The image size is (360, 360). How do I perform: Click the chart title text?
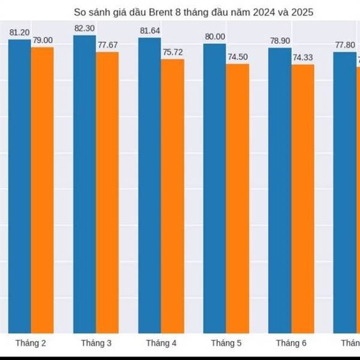coord(193,12)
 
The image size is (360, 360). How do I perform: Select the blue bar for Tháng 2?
coord(19,186)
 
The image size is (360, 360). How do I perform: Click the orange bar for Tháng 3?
coord(107,192)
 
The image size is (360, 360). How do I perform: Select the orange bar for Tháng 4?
coord(172,196)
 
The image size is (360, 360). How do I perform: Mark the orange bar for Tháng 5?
coord(237,198)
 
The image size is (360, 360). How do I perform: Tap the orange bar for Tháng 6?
coord(302,198)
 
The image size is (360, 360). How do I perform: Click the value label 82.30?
coord(85,28)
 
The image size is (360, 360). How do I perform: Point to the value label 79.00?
coord(43,40)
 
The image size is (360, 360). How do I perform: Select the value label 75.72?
coord(173,52)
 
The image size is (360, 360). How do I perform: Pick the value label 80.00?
coord(215,37)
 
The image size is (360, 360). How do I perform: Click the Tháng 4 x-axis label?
coord(161,343)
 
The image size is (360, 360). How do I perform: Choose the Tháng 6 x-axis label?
coord(291,343)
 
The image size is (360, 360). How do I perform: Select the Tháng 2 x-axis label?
coord(31,343)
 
